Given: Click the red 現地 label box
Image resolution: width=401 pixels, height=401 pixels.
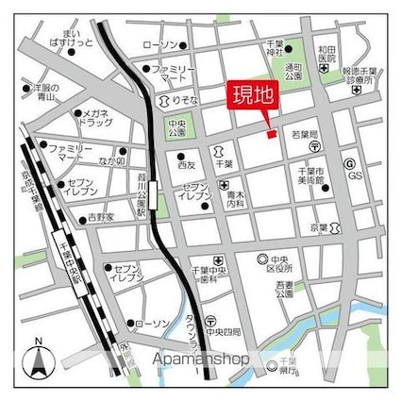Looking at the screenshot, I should pos(252,96).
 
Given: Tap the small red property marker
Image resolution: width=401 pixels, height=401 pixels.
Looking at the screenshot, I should pos(270,135).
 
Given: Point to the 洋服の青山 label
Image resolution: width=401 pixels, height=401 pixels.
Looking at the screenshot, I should pos(41,92).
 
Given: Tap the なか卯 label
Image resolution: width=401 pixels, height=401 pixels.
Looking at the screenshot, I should pos(112,161).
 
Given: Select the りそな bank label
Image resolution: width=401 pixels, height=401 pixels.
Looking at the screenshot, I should pos(185,98).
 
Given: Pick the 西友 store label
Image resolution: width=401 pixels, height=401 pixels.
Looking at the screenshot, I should pos(186,164).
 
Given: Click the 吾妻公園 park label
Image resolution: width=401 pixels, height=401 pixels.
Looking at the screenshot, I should pos(286,288).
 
